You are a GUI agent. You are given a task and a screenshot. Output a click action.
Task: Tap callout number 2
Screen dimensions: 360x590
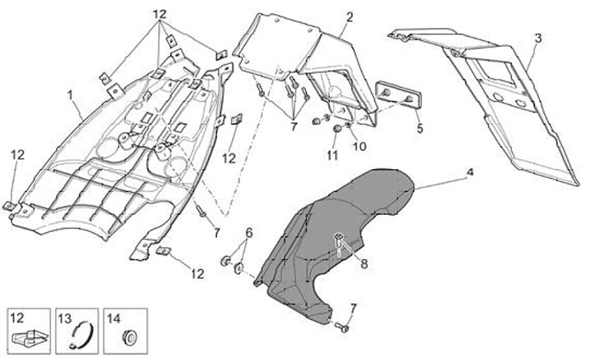[x=350, y=16]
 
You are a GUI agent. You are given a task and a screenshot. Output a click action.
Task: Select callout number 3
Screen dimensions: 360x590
[x=538, y=38]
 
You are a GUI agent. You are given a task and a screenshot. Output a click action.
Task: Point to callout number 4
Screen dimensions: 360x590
[x=470, y=172]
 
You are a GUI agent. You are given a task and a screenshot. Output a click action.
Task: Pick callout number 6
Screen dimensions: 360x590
[x=250, y=234]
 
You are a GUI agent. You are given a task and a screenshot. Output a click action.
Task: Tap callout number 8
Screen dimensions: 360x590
[x=364, y=264]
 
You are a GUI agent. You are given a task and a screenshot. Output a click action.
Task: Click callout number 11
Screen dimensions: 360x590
[x=332, y=155]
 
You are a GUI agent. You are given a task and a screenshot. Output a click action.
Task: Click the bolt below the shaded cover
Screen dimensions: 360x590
[x=343, y=327]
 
